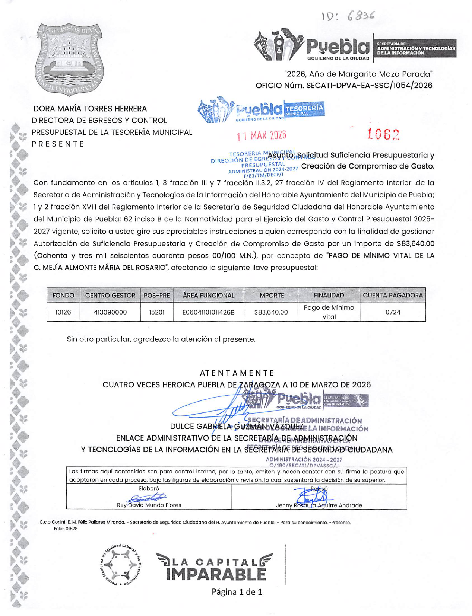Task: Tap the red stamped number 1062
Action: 383,134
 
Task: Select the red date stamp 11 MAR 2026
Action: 262,135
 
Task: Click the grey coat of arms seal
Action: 69,59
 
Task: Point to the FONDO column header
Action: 63,295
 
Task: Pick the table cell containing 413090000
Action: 110,312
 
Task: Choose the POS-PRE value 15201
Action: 156,312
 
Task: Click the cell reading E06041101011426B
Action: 208,312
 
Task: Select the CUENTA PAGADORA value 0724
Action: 393,312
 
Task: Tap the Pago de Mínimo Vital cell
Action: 329,312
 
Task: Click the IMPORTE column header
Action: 271,295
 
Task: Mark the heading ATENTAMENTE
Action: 237,373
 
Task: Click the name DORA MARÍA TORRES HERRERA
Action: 90,109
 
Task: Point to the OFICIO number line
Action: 343,86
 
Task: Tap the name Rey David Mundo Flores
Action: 149,505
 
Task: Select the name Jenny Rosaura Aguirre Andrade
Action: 319,505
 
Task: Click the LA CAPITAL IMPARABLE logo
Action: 215,567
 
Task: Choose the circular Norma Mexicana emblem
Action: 121,565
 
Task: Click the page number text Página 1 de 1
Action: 237,592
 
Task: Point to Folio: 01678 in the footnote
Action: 66,529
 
